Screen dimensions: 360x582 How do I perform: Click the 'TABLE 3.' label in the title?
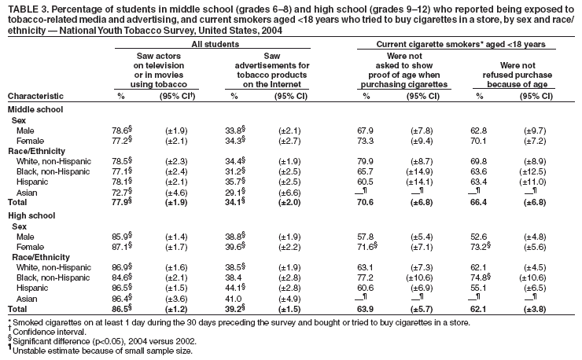pyautogui.click(x=26, y=8)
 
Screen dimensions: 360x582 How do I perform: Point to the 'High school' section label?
pyautogui.click(x=32, y=215)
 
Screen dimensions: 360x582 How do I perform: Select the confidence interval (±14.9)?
pyautogui.click(x=417, y=172)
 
